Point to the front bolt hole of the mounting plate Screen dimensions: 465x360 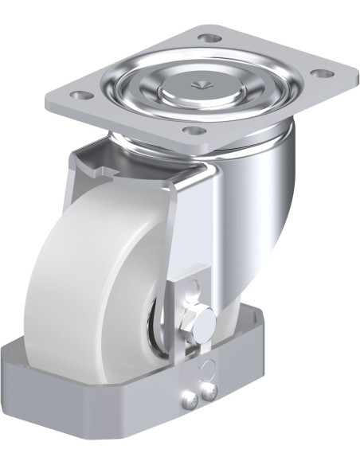[191, 131]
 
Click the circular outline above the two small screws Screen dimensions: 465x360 [209, 367]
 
